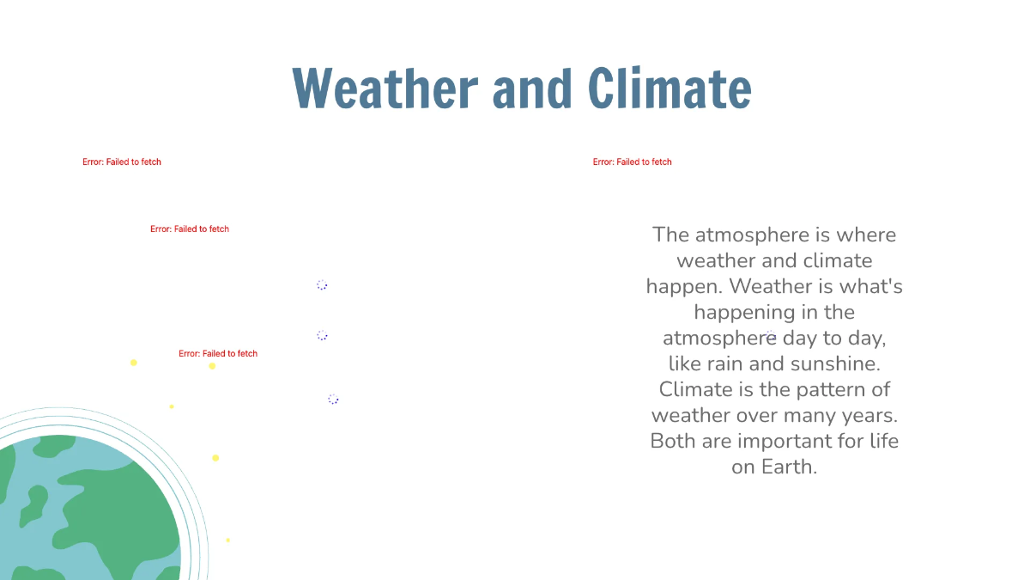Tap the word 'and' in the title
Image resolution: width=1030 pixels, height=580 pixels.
click(x=532, y=89)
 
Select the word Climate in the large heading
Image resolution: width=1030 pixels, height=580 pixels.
click(x=669, y=89)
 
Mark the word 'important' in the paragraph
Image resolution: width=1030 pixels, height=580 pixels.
click(x=779, y=441)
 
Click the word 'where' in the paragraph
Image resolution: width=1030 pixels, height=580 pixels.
click(x=866, y=235)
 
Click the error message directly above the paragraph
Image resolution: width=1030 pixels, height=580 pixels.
click(x=632, y=162)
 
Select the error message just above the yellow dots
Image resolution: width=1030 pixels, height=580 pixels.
click(x=218, y=353)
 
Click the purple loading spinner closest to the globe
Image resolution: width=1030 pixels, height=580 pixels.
click(x=333, y=399)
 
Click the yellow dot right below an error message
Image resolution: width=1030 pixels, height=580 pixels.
click(x=212, y=366)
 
